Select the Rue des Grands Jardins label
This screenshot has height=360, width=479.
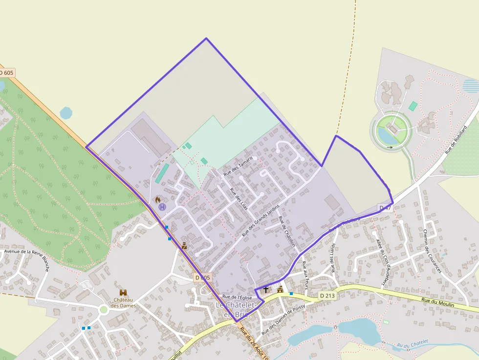click(x=261, y=220)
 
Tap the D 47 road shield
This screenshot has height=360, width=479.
click(x=385, y=208)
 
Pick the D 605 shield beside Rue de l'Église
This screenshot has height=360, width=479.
click(x=202, y=277)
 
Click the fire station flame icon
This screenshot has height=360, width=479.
click(x=157, y=199)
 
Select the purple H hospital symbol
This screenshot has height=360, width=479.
click(x=162, y=207)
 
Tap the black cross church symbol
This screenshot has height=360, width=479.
click(x=266, y=290)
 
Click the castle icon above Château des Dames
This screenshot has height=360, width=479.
click(x=123, y=292)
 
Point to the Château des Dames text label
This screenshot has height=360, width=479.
click(x=123, y=303)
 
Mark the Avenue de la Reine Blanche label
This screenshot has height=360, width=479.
click(x=27, y=254)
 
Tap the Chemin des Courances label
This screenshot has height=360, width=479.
click(x=432, y=251)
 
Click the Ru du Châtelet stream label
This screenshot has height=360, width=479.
click(x=413, y=344)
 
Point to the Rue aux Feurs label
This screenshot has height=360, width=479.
click(x=306, y=274)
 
